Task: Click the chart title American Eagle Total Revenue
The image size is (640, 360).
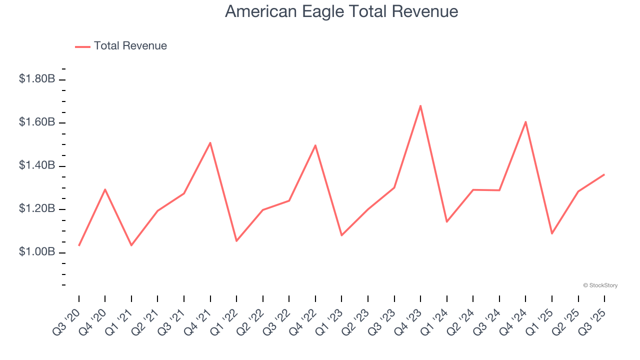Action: coord(341,11)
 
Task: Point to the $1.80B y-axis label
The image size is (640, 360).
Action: coord(37,79)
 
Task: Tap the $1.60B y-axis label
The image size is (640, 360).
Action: coord(37,122)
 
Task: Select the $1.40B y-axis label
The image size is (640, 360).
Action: coord(37,165)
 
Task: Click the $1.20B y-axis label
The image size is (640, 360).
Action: coord(37,209)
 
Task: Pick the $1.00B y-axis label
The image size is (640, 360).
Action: coord(37,252)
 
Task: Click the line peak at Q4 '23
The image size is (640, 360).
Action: coord(420,105)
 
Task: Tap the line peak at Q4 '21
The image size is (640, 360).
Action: coord(210,142)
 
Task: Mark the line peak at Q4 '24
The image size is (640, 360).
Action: coord(525,121)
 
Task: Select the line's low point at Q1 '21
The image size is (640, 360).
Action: coord(131,245)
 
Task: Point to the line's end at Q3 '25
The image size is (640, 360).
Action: coord(604,174)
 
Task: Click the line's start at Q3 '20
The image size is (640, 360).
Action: coord(79,245)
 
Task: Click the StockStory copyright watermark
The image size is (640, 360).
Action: coord(600,285)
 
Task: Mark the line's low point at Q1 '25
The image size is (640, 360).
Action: coord(552,233)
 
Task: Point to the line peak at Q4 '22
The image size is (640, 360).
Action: coord(315,145)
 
